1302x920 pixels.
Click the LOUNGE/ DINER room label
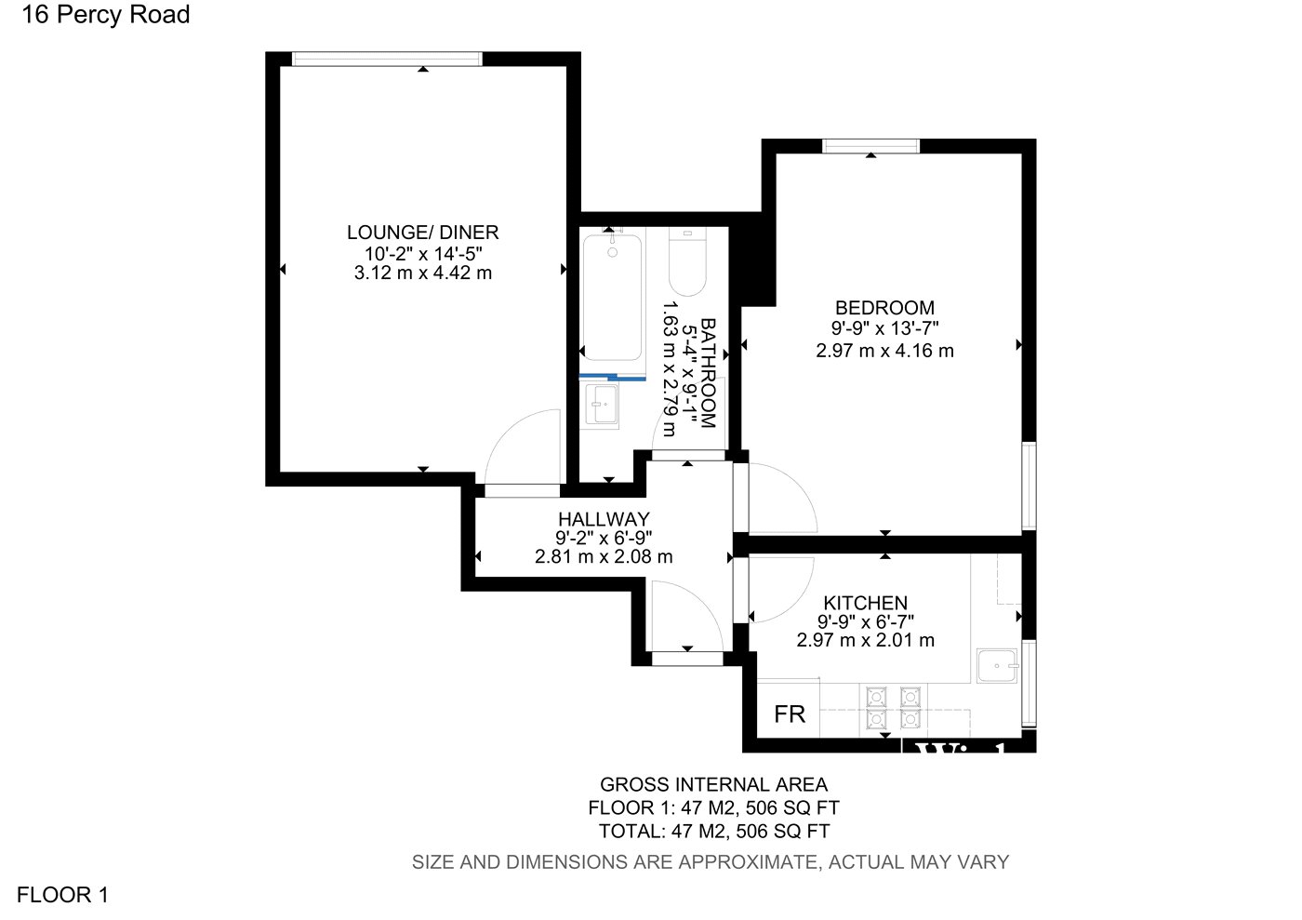tap(422, 233)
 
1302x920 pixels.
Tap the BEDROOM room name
tap(884, 308)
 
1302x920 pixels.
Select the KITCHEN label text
tap(866, 603)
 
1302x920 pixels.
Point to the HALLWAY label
tap(604, 519)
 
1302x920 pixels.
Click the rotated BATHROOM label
tap(708, 373)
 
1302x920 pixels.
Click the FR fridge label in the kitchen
tap(790, 713)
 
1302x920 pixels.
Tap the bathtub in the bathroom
tap(613, 298)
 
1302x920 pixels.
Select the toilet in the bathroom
tap(687, 261)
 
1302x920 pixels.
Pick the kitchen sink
tap(997, 665)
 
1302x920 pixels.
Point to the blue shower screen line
tap(613, 378)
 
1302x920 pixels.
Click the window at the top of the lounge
tap(387, 59)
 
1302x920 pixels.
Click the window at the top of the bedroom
tap(870, 146)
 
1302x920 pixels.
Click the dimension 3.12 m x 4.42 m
tap(422, 273)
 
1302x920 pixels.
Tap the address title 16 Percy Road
tap(106, 15)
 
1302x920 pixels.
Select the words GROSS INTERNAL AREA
tap(714, 784)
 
